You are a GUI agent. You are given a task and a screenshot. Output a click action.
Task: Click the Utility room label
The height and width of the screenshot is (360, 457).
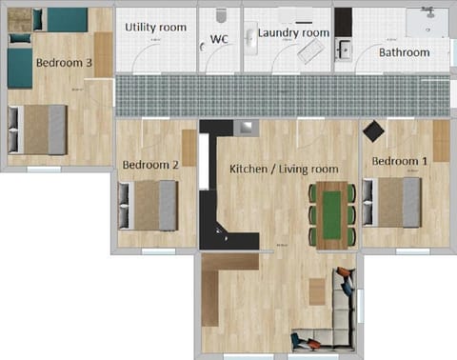point(155,28)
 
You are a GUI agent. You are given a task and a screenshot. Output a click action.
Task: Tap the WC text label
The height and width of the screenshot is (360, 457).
point(219,39)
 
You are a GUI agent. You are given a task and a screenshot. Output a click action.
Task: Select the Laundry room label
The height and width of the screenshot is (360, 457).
point(293,32)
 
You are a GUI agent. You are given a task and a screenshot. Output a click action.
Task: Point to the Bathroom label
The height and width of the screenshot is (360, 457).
point(404,52)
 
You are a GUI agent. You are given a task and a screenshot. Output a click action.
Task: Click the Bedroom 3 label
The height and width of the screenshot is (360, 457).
point(64,63)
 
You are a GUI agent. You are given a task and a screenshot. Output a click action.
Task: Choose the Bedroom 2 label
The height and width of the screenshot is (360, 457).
point(150,165)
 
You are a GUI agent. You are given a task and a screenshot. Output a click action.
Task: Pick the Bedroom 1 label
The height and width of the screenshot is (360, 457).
point(399,161)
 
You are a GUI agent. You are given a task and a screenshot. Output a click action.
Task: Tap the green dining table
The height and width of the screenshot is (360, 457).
point(331,214)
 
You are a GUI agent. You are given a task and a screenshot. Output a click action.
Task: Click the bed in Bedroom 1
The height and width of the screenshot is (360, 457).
point(393,203)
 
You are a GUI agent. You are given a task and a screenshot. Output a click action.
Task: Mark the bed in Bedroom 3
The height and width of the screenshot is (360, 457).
point(39,128)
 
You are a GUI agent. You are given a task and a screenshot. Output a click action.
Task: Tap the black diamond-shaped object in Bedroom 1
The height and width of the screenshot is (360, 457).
point(372,131)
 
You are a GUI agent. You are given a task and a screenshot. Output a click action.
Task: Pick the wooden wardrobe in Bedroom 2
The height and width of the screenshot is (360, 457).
point(189,148)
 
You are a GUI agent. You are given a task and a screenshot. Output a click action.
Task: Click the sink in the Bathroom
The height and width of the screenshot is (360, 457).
point(344,50)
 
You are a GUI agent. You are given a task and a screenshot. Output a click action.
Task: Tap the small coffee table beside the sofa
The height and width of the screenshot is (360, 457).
point(317,291)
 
